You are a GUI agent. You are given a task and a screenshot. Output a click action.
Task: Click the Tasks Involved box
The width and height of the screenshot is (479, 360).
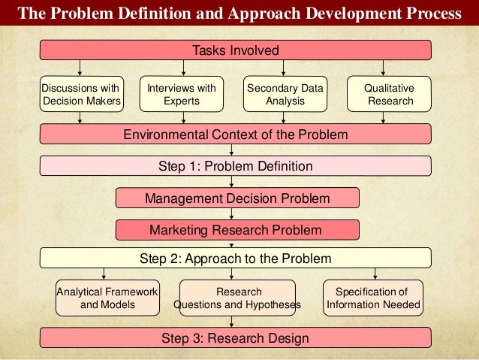click(x=235, y=50)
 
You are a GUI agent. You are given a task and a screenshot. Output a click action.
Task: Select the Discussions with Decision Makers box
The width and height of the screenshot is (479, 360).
click(x=81, y=94)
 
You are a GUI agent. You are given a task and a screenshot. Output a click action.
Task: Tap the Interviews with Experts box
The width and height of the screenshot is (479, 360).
click(x=181, y=94)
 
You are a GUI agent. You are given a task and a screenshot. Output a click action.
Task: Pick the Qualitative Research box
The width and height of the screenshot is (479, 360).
click(x=389, y=94)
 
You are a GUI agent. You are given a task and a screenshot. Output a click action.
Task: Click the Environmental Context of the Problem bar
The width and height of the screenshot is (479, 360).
click(x=235, y=135)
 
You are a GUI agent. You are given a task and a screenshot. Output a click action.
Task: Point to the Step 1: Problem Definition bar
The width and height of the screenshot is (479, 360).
click(x=235, y=166)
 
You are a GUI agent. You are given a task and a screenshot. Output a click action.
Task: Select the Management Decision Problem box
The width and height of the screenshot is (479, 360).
click(x=237, y=198)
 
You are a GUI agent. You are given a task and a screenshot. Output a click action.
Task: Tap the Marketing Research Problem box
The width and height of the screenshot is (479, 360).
click(x=237, y=229)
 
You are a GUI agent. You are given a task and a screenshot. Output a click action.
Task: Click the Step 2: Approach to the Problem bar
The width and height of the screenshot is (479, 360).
click(x=235, y=259)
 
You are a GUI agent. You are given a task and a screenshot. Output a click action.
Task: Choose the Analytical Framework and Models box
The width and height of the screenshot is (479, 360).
click(x=107, y=298)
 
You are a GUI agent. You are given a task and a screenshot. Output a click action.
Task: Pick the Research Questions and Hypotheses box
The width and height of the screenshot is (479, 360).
click(x=238, y=298)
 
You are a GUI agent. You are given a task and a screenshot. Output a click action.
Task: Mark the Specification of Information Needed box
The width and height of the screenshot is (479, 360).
click(x=372, y=298)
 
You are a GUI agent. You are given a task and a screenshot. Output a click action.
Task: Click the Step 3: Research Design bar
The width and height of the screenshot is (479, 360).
click(x=235, y=338)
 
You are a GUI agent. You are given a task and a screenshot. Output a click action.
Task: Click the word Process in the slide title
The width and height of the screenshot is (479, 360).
click(x=434, y=14)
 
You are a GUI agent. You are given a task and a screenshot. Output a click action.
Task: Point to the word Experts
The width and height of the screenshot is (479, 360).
click(x=181, y=101)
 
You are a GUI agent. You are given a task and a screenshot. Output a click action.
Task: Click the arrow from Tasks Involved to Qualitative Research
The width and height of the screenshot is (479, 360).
click(x=384, y=68)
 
